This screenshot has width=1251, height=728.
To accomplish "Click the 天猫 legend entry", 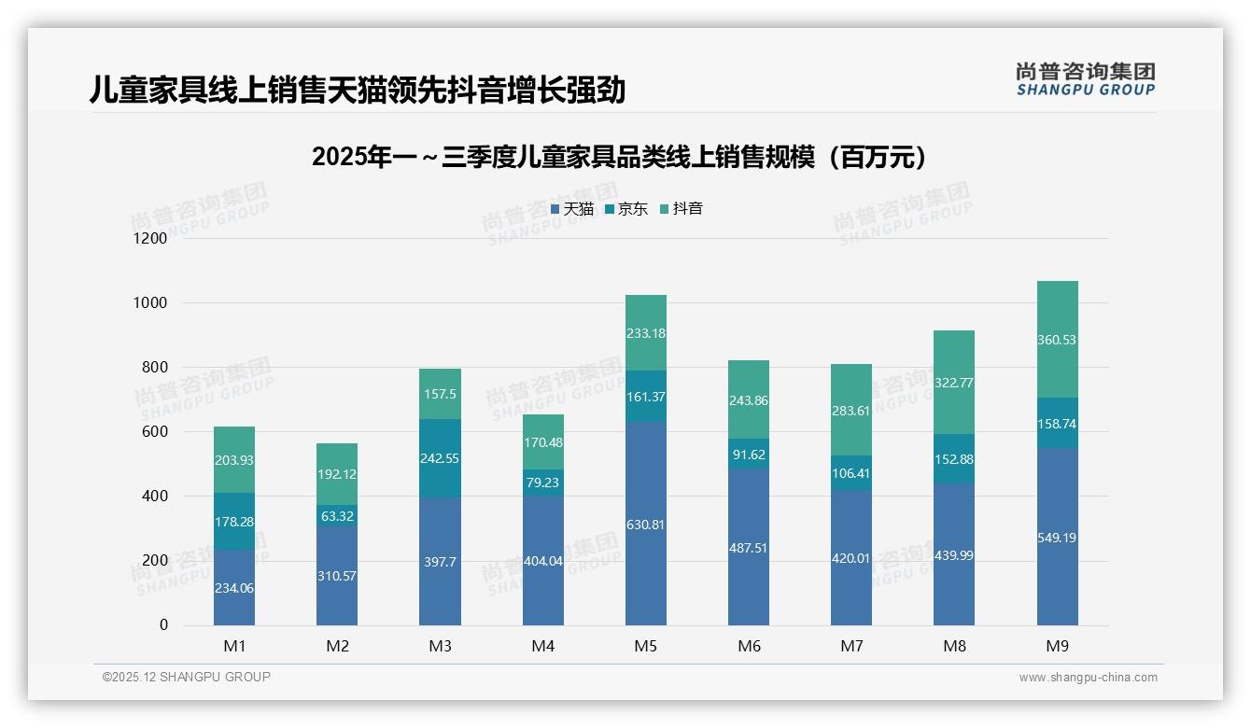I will click(x=571, y=209).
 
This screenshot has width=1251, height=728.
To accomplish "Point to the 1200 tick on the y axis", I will click(x=149, y=238).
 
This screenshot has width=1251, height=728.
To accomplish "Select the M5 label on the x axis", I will click(x=646, y=646).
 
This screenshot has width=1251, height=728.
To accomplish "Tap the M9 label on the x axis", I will click(x=1057, y=646).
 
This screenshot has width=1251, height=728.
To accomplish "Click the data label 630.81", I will click(x=646, y=525).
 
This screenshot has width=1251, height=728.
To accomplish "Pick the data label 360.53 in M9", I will click(x=1057, y=340).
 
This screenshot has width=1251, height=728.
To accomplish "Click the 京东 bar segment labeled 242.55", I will click(x=440, y=458).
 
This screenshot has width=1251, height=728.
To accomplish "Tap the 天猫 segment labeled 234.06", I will click(x=234, y=588).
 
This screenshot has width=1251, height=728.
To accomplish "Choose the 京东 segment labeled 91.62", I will click(x=749, y=455).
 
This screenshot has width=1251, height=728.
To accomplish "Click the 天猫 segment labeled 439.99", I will click(x=954, y=555).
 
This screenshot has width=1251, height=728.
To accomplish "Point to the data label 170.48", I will click(x=543, y=442).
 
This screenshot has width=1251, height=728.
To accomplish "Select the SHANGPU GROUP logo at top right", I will click(x=1085, y=79).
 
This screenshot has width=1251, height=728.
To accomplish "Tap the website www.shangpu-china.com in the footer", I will click(x=1088, y=678).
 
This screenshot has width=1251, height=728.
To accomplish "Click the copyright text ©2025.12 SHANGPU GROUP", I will click(x=187, y=677).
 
